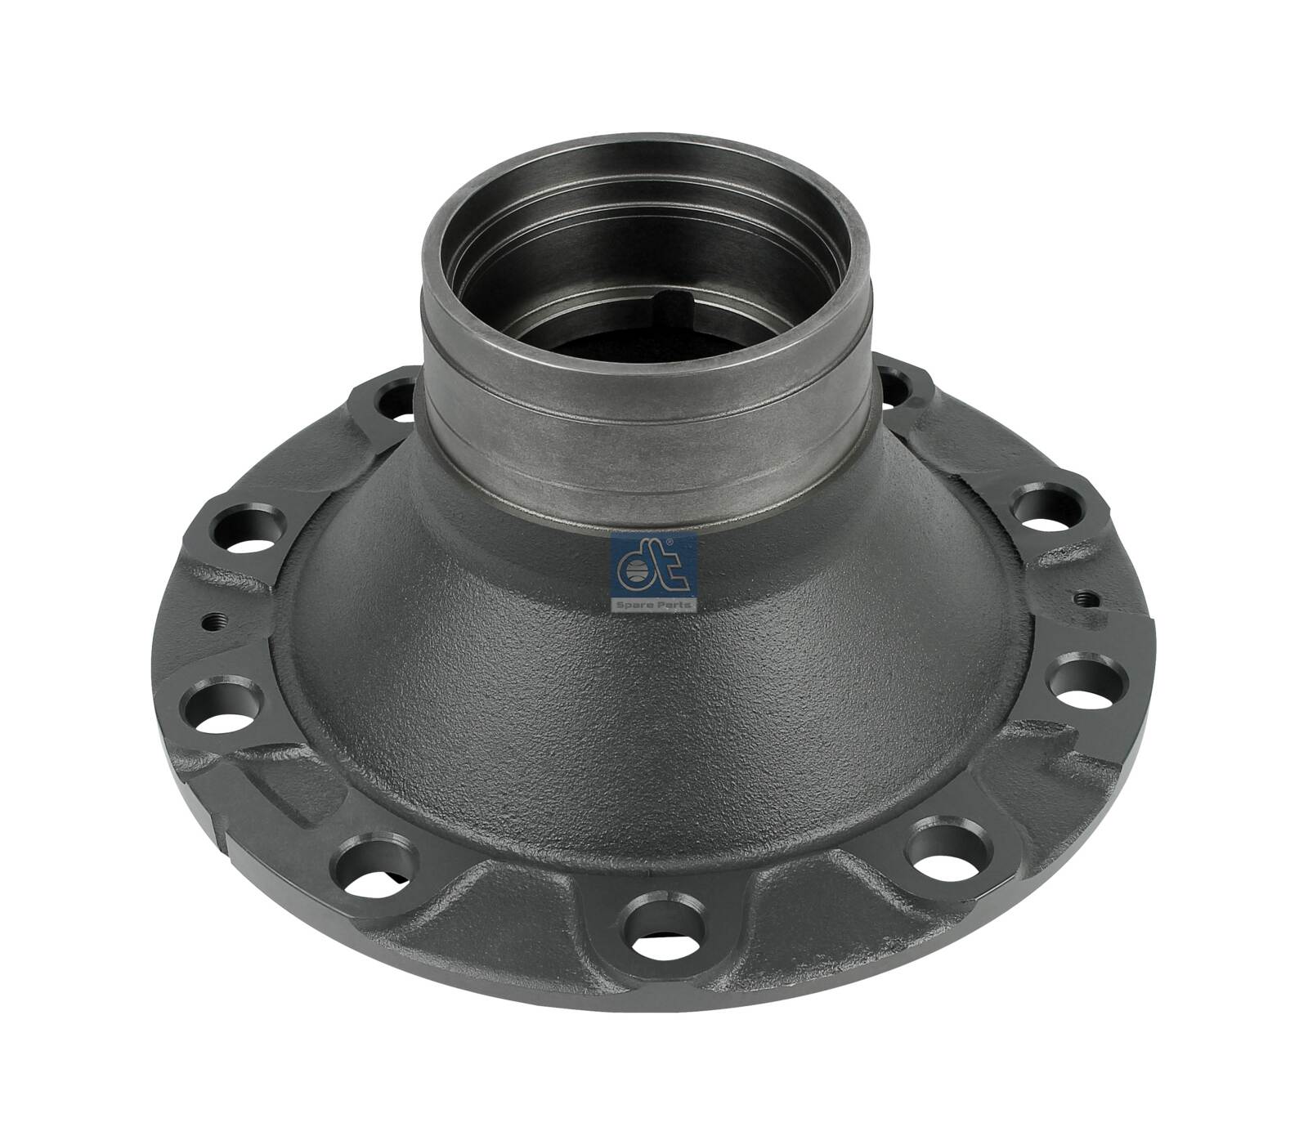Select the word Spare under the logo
(636, 605)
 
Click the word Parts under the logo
(673, 605)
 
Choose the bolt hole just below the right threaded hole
(1086, 685)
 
